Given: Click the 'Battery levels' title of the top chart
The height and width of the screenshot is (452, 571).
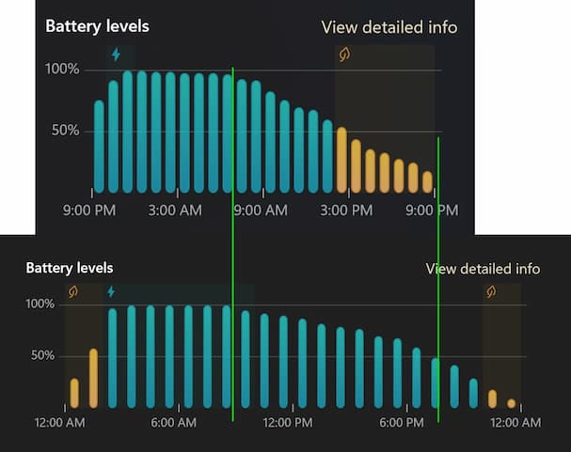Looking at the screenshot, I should click(97, 26).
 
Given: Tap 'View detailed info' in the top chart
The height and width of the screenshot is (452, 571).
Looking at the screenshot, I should click(389, 27).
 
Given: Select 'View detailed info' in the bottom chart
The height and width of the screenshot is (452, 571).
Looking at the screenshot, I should click(483, 269).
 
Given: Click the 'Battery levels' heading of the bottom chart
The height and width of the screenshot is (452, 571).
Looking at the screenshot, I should click(70, 269).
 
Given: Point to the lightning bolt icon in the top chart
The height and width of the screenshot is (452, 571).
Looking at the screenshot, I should click(117, 55).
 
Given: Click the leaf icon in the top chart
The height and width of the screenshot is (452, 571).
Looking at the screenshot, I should click(344, 55).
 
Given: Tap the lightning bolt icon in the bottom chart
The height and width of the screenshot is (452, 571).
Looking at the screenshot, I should click(111, 292).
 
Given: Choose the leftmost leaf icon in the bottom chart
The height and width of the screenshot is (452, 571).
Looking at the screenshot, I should click(73, 292).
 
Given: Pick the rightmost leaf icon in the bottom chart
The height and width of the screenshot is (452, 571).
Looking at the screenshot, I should click(491, 292).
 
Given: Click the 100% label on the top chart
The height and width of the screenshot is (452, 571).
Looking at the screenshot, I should click(62, 70).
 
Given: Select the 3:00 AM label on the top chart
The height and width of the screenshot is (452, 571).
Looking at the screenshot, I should click(173, 210).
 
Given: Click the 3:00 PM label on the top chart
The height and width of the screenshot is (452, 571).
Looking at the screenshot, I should click(346, 210).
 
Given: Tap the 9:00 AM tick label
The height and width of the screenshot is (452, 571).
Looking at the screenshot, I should click(261, 210).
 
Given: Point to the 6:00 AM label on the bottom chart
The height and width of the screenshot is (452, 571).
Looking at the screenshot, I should click(173, 423).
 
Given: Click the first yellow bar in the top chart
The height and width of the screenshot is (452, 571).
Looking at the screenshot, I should click(341, 160).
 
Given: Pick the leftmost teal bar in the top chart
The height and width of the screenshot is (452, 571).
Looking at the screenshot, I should click(99, 146).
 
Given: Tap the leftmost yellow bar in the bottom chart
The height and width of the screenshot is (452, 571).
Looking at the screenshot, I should click(74, 393).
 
